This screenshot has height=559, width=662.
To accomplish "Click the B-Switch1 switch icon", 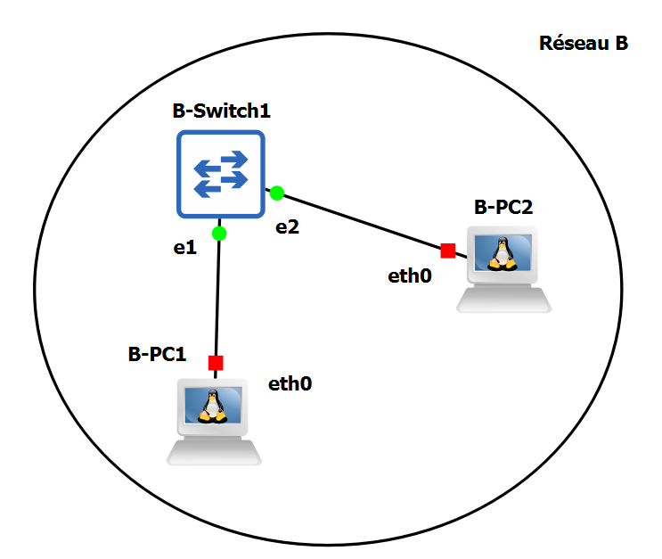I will (x=220, y=174).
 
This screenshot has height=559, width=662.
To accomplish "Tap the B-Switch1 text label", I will (x=221, y=112).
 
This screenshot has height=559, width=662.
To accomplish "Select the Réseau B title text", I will (x=584, y=43).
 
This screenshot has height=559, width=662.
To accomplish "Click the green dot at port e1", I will (x=219, y=234).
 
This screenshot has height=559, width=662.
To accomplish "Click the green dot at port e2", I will (x=277, y=193).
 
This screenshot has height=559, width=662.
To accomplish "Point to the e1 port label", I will (x=184, y=249).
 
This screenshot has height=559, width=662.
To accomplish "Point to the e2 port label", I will (x=287, y=226).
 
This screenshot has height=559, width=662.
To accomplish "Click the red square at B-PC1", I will (x=215, y=363).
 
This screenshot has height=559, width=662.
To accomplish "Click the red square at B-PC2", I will (x=447, y=251).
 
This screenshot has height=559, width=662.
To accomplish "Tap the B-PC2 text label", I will (x=503, y=208).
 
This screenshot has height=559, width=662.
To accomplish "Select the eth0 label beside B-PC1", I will (x=290, y=384).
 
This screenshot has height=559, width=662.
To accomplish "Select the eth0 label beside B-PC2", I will (x=410, y=275).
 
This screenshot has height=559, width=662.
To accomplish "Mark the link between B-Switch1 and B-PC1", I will (x=217, y=299).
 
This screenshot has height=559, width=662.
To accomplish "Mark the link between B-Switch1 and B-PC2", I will (x=361, y=221).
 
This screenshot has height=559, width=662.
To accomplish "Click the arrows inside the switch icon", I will (x=220, y=174).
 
